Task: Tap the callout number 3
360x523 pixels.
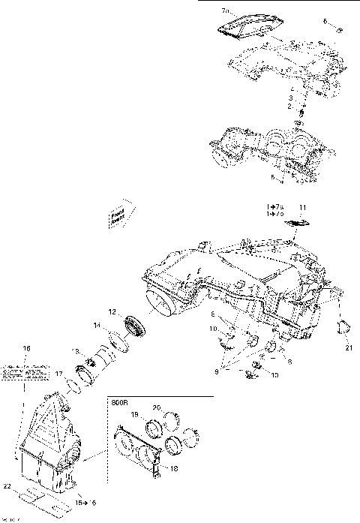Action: click(x=292, y=98)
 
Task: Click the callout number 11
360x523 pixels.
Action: click(x=303, y=206)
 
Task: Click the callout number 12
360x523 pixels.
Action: click(x=112, y=311)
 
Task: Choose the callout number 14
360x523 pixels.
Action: click(x=96, y=325)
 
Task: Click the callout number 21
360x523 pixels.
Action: click(x=349, y=347)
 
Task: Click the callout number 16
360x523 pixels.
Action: click(x=26, y=349)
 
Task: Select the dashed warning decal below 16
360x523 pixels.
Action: click(x=22, y=370)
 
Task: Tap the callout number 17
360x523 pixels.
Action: click(x=58, y=373)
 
